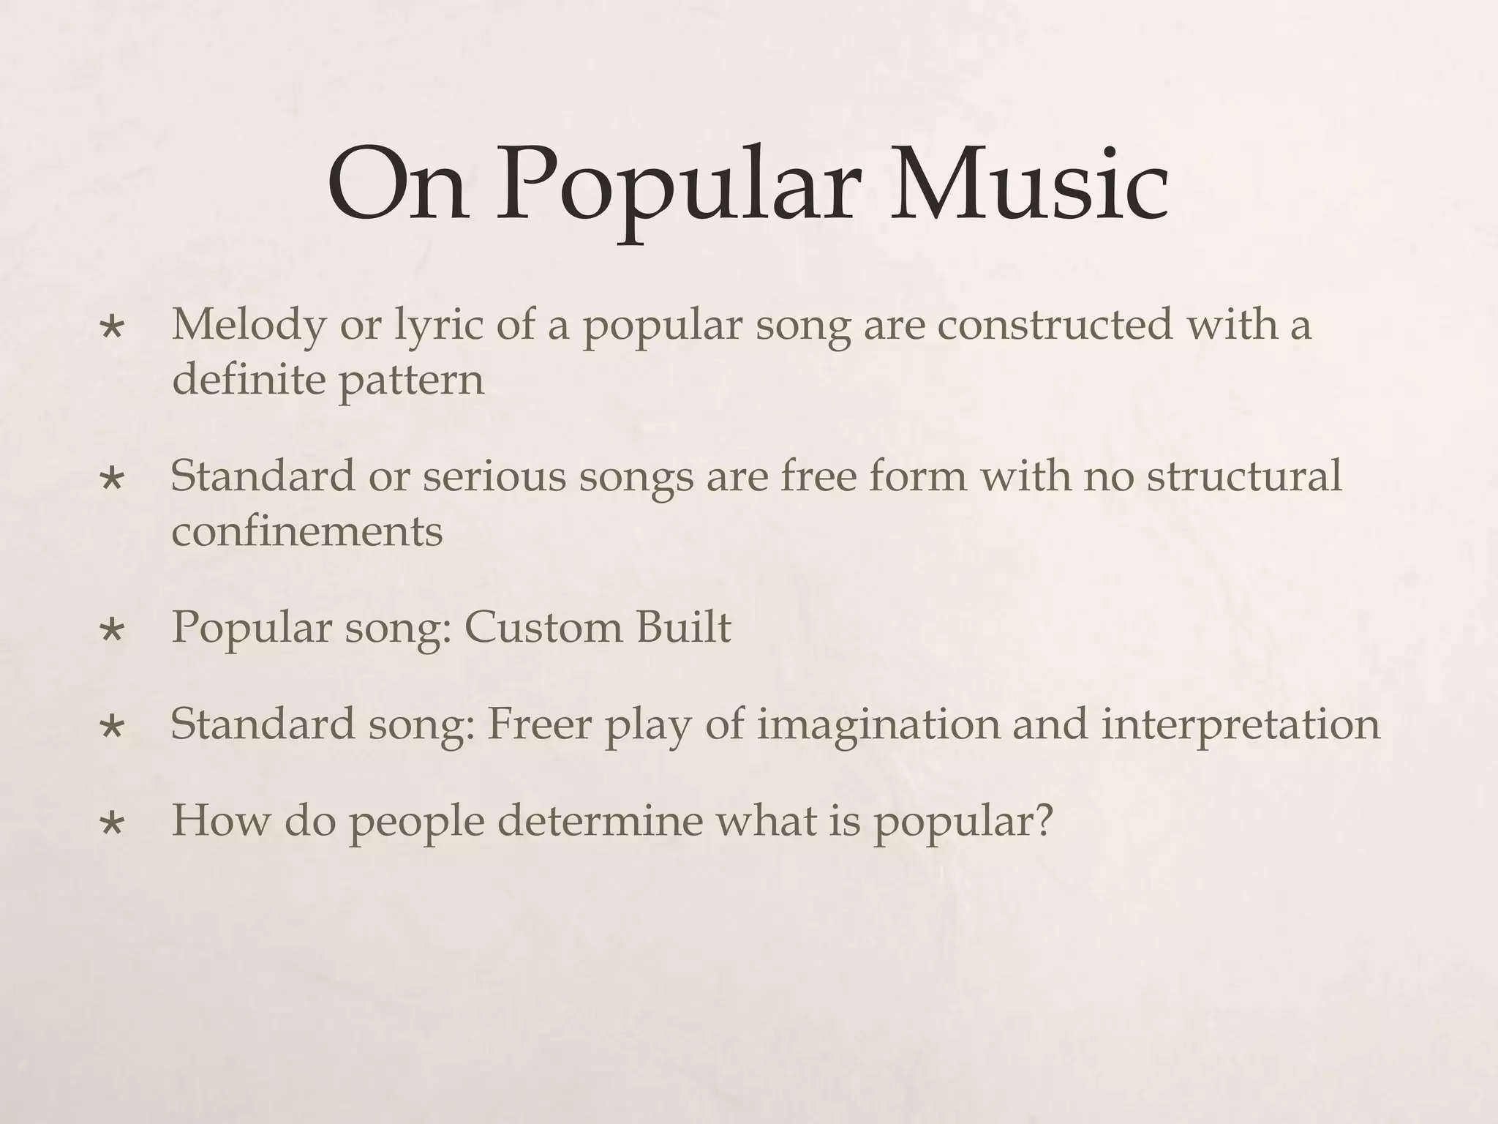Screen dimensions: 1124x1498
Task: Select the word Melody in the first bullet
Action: click(249, 325)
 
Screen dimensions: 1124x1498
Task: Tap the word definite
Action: click(249, 380)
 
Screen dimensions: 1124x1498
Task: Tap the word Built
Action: click(683, 627)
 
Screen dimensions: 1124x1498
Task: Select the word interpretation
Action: click(1241, 725)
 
